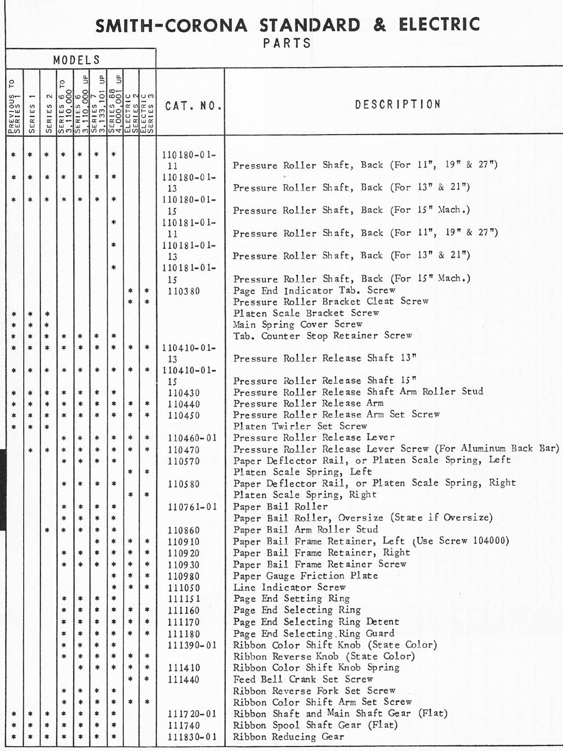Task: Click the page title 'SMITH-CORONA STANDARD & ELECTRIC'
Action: coord(287,25)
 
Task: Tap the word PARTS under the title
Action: coord(287,43)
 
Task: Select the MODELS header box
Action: coord(77,60)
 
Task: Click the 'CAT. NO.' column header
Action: coord(193,105)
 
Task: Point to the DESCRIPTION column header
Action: coord(397,104)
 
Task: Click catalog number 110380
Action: coord(184,291)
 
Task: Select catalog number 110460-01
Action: coord(192,438)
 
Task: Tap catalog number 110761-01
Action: coord(192,507)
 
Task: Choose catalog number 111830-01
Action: coord(192,737)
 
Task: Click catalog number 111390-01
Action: coord(192,645)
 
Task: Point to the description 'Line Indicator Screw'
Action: coord(289,587)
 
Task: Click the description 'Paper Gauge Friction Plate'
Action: coord(305,576)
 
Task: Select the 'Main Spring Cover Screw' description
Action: coord(298,324)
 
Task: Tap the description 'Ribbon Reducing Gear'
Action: coord(288,737)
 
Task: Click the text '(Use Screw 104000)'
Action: coord(461,541)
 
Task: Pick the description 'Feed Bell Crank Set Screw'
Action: coord(303,680)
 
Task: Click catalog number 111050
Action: coord(184,588)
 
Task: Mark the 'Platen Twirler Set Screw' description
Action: coord(300,426)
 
